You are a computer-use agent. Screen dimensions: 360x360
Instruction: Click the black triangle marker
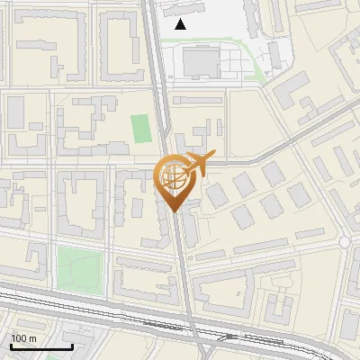(x=181, y=24)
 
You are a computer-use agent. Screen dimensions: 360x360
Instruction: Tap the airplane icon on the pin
(x=197, y=164)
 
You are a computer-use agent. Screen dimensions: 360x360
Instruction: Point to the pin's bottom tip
(x=175, y=211)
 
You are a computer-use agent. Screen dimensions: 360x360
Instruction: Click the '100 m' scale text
(x=24, y=338)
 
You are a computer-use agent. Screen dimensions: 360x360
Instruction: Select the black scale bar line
(x=41, y=347)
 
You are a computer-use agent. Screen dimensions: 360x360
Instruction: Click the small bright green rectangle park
(x=140, y=128)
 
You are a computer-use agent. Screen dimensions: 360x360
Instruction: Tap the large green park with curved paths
(x=81, y=267)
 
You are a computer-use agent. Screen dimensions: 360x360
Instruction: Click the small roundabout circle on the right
(x=345, y=242)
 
